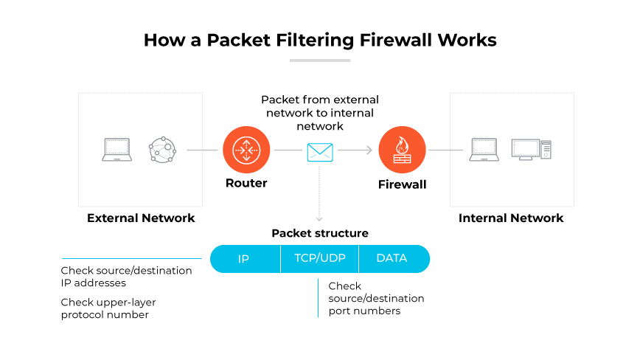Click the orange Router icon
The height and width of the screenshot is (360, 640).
[246, 150]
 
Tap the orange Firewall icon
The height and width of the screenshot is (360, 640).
[402, 150]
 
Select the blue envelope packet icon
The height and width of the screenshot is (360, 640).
[320, 152]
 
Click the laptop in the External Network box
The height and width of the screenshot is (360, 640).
[116, 150]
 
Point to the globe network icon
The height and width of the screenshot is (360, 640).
[163, 150]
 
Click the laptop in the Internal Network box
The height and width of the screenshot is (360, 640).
[484, 150]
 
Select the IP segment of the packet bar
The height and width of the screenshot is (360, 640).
[244, 259]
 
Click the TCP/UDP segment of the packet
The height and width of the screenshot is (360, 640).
[319, 259]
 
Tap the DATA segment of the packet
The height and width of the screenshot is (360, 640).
[392, 259]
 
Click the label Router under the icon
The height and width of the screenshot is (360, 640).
[246, 183]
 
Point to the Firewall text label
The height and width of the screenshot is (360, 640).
[402, 184]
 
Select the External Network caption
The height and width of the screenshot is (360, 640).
[141, 218]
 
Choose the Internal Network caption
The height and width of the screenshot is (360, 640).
[511, 218]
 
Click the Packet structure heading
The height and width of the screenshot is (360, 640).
[320, 233]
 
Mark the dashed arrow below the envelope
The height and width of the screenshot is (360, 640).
[320, 193]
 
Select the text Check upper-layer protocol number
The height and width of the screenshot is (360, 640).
[108, 308]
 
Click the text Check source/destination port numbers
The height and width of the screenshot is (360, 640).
[376, 298]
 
